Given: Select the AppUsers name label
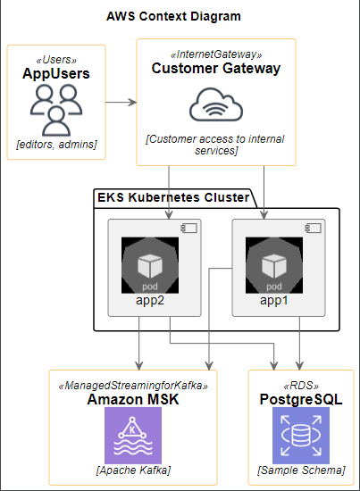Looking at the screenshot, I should point(56,74).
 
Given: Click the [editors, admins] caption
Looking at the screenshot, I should point(56,144).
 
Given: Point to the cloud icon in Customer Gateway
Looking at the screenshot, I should point(216,106).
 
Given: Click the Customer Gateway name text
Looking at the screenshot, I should point(216,69).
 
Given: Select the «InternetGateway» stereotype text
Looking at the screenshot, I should point(216,54).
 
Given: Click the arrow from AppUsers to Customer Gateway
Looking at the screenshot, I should point(121,102).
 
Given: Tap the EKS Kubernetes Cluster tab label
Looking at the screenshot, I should point(173,197).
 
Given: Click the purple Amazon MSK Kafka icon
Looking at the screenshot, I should point(133,436).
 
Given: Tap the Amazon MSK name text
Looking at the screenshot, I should point(133,399).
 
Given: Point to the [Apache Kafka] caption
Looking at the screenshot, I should point(133,470).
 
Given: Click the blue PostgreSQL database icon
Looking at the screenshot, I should point(301,436).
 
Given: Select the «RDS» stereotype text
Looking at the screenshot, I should point(301,385).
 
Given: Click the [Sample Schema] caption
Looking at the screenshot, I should point(301,470).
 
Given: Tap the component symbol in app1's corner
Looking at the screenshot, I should point(314,229).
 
